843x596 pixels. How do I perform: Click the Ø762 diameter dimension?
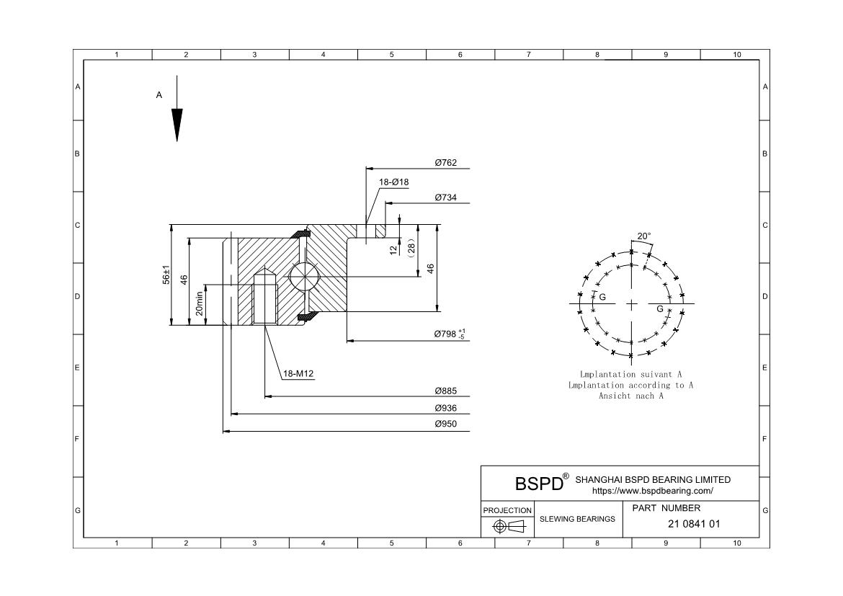point(445,163)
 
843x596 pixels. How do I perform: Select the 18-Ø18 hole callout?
point(393,182)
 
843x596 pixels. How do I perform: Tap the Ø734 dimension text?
point(445,197)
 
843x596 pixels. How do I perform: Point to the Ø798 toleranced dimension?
point(449,334)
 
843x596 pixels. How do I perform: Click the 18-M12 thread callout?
point(298,373)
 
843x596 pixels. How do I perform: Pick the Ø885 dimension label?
point(445,391)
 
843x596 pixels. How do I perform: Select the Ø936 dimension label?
point(445,409)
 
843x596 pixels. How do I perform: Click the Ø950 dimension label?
point(445,424)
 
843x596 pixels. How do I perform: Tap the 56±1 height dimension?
point(166,275)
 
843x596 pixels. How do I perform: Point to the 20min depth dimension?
point(200,303)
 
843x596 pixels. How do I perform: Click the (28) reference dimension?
point(411,247)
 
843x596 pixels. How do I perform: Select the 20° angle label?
point(643,236)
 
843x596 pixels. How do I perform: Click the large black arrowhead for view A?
point(177,124)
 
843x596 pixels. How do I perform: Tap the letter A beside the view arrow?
point(159,94)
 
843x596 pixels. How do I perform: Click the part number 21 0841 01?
point(694,524)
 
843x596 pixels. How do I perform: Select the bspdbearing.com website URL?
point(652,491)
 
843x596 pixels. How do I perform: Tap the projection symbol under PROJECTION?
point(507,526)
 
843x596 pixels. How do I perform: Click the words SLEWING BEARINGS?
point(578,518)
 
